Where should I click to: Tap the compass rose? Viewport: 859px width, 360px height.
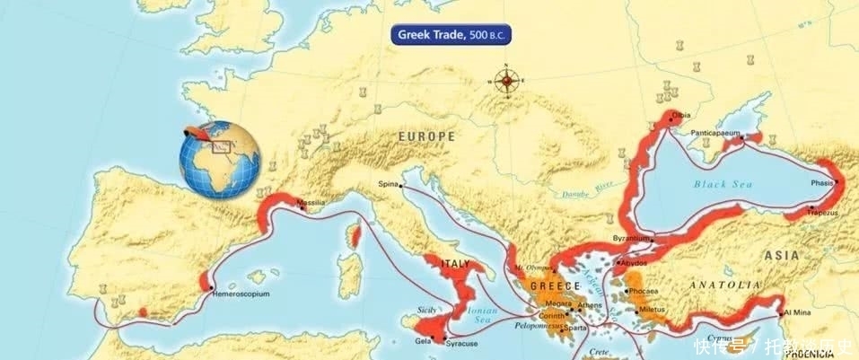(507, 82)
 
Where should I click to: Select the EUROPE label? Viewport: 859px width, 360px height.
(425, 136)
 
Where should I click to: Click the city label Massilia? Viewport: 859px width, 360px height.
(311, 203)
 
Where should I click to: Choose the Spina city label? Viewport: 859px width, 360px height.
(388, 183)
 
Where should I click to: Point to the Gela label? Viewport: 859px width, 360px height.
(423, 342)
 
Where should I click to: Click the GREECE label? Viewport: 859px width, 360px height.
(551, 286)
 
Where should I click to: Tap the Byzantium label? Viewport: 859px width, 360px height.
(630, 238)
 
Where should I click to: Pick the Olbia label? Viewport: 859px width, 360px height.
(683, 115)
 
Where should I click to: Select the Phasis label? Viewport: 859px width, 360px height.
(823, 180)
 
